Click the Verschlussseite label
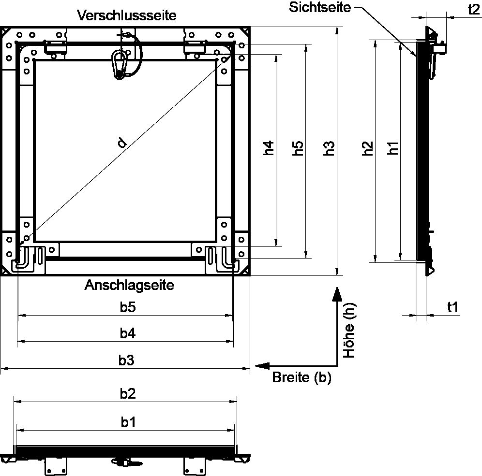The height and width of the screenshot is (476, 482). tap(127, 15)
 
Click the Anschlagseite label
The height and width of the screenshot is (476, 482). tap(129, 285)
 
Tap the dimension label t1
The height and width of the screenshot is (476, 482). tap(453, 307)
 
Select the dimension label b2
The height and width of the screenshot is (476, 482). tap(128, 394)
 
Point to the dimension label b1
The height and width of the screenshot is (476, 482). tap(128, 422)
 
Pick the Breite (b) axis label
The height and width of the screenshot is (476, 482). tap(301, 377)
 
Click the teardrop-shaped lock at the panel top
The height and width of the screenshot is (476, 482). tap(119, 63)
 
